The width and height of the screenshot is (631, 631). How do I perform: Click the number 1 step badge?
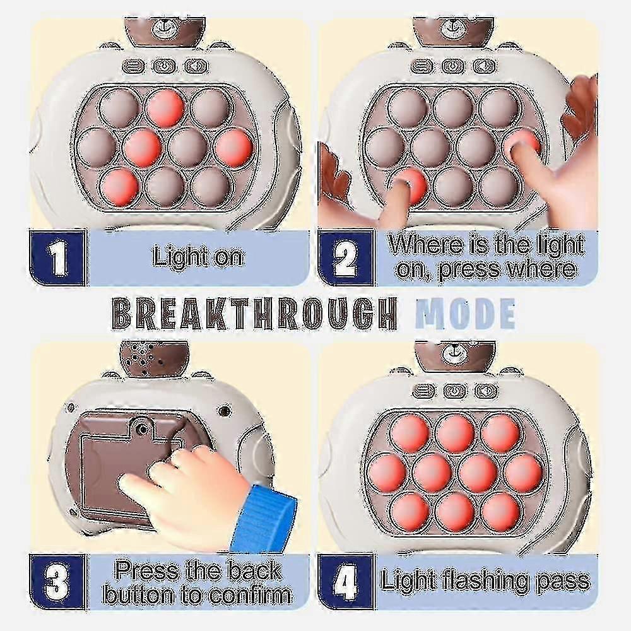coord(57,257)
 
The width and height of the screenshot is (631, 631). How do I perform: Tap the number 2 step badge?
coord(345,257)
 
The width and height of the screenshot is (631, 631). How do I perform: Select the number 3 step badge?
coord(57,582)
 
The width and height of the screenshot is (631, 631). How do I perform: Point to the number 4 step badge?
coord(345,582)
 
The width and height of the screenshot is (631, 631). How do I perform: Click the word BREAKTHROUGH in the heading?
coord(254,313)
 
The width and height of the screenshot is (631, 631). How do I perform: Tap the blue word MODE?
coord(465,313)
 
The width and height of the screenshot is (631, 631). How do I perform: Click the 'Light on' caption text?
coord(198,257)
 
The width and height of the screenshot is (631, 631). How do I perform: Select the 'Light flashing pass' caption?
coord(485,581)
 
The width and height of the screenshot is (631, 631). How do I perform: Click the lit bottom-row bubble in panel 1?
coord(119,186)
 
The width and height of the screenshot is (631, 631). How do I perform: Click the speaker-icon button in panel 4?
coord(486,391)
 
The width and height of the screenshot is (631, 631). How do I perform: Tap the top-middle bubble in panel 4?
coord(455,433)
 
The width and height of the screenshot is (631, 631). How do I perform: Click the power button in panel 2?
coord(453,66)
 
